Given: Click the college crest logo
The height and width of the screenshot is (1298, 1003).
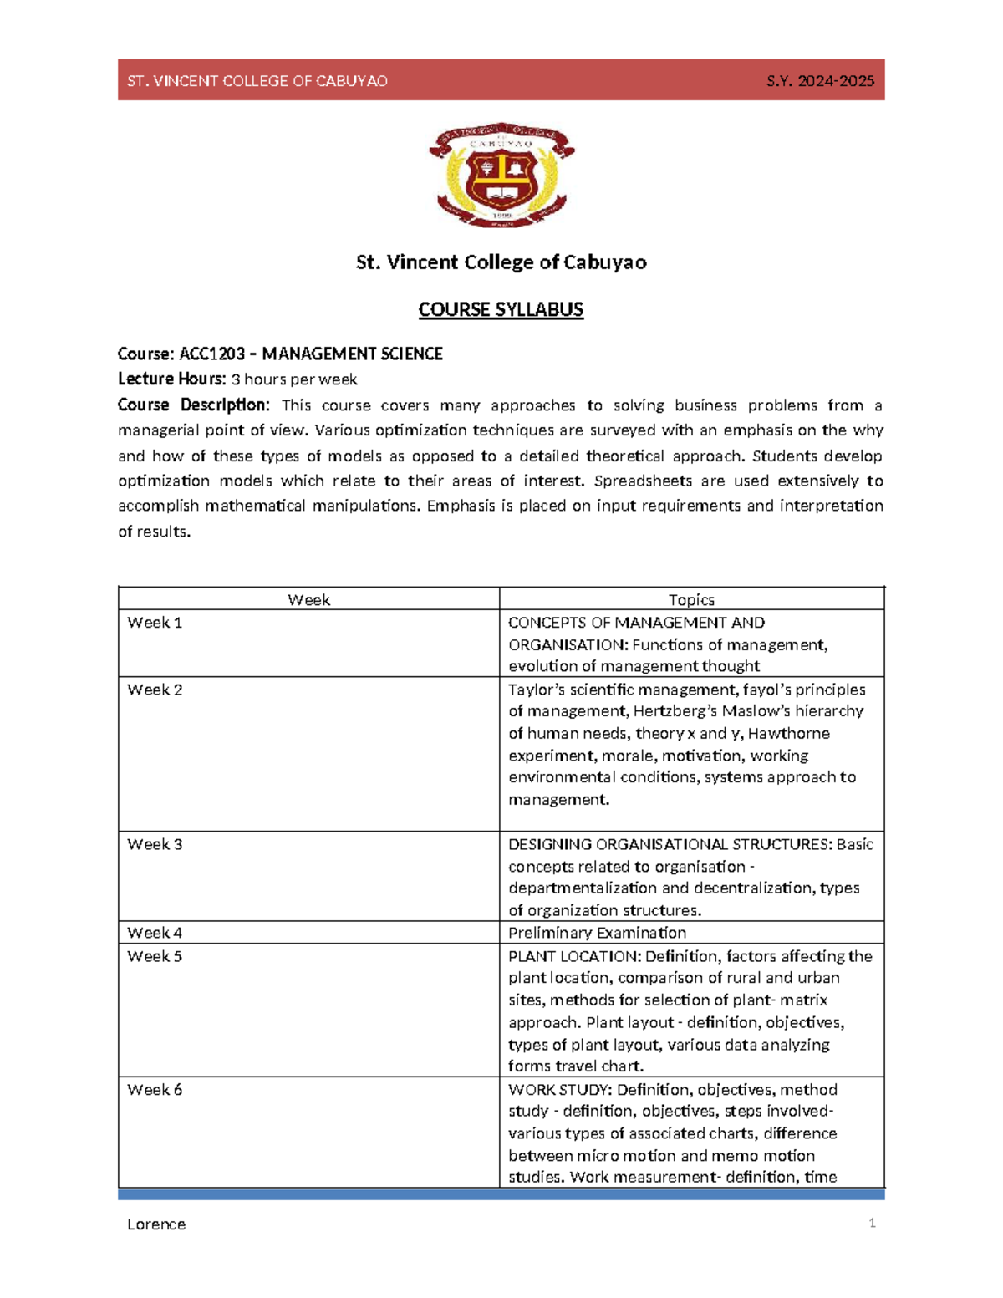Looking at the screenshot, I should [x=501, y=174].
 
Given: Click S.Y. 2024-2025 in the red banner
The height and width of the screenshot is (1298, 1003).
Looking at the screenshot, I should [x=820, y=81].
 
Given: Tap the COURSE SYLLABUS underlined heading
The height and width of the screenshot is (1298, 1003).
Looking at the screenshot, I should [x=501, y=310].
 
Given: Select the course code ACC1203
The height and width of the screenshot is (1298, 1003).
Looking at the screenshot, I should [x=211, y=354].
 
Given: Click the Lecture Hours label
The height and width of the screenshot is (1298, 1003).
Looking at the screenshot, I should [x=171, y=379].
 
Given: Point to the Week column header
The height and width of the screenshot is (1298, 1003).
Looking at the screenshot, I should [x=308, y=600].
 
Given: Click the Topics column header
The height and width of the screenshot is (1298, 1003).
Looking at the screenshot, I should [x=691, y=600].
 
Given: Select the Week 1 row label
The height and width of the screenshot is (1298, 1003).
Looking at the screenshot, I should [x=155, y=623].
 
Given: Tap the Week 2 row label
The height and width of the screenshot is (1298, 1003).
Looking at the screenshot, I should [x=155, y=690].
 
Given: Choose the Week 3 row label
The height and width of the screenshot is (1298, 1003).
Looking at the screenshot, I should [x=155, y=845].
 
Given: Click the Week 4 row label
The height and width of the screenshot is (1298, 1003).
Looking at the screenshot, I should [x=155, y=933].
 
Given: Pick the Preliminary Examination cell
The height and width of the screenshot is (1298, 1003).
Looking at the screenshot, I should [x=597, y=933].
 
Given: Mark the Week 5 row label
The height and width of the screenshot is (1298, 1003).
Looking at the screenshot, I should [x=155, y=956].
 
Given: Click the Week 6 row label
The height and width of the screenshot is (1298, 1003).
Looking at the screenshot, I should [x=155, y=1090].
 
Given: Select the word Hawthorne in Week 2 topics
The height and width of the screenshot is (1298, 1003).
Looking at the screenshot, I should [x=788, y=734].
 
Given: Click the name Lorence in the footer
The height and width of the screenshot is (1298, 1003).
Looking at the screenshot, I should [x=156, y=1224].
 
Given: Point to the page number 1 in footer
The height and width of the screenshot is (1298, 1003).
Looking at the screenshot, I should [x=872, y=1224].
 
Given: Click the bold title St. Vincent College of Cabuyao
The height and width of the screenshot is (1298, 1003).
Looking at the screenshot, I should [x=501, y=262].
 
